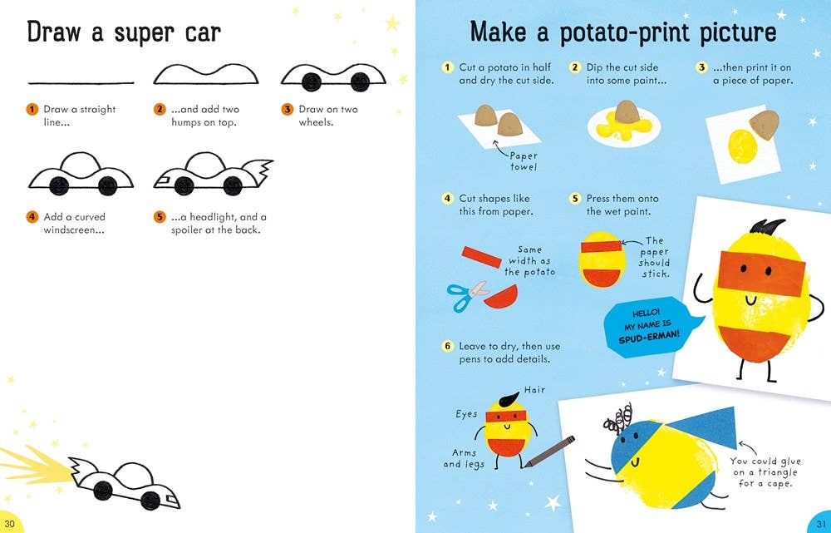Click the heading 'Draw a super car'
click(124, 32)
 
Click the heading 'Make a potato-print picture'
click(622, 32)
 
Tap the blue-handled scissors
click(468, 296)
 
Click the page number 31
click(819, 521)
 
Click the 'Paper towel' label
click(524, 161)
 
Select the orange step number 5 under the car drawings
click(160, 217)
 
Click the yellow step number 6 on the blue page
click(447, 345)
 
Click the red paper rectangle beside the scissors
click(484, 257)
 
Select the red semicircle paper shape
click(502, 295)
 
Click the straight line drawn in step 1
click(81, 83)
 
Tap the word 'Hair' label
click(534, 389)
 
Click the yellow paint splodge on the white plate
click(619, 126)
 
